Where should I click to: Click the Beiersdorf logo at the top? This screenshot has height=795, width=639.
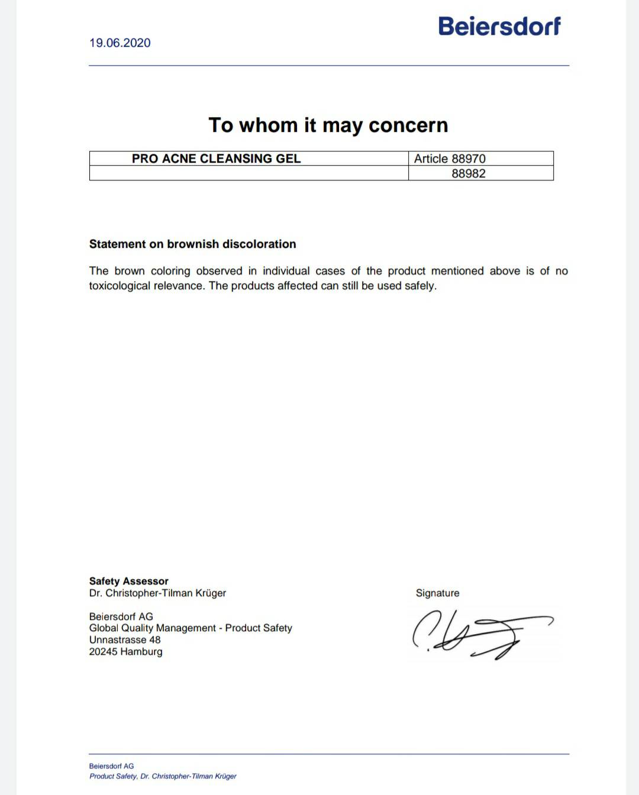tap(499, 26)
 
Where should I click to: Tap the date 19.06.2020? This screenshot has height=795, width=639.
tap(120, 43)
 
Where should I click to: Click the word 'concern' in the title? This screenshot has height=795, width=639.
tap(408, 125)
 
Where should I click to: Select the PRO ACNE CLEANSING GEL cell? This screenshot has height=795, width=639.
tap(216, 159)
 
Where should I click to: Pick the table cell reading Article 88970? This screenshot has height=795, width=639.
tap(450, 159)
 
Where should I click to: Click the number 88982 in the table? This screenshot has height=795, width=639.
tap(468, 173)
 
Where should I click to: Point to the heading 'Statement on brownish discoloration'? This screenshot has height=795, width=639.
tap(192, 244)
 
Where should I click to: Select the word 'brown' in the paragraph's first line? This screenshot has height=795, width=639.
tap(130, 271)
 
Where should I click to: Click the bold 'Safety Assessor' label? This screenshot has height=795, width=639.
tap(128, 581)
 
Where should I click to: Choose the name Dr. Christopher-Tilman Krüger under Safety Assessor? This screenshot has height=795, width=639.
tap(157, 593)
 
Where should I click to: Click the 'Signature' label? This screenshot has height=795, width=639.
tap(437, 593)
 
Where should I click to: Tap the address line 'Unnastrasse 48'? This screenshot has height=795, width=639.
tap(125, 639)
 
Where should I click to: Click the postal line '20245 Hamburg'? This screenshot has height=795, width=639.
tap(125, 651)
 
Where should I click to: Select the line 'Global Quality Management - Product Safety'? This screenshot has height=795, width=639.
tap(191, 628)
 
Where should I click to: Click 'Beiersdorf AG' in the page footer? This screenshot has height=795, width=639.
tap(111, 766)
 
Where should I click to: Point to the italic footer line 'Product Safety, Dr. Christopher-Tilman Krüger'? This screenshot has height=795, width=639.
tap(163, 776)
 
